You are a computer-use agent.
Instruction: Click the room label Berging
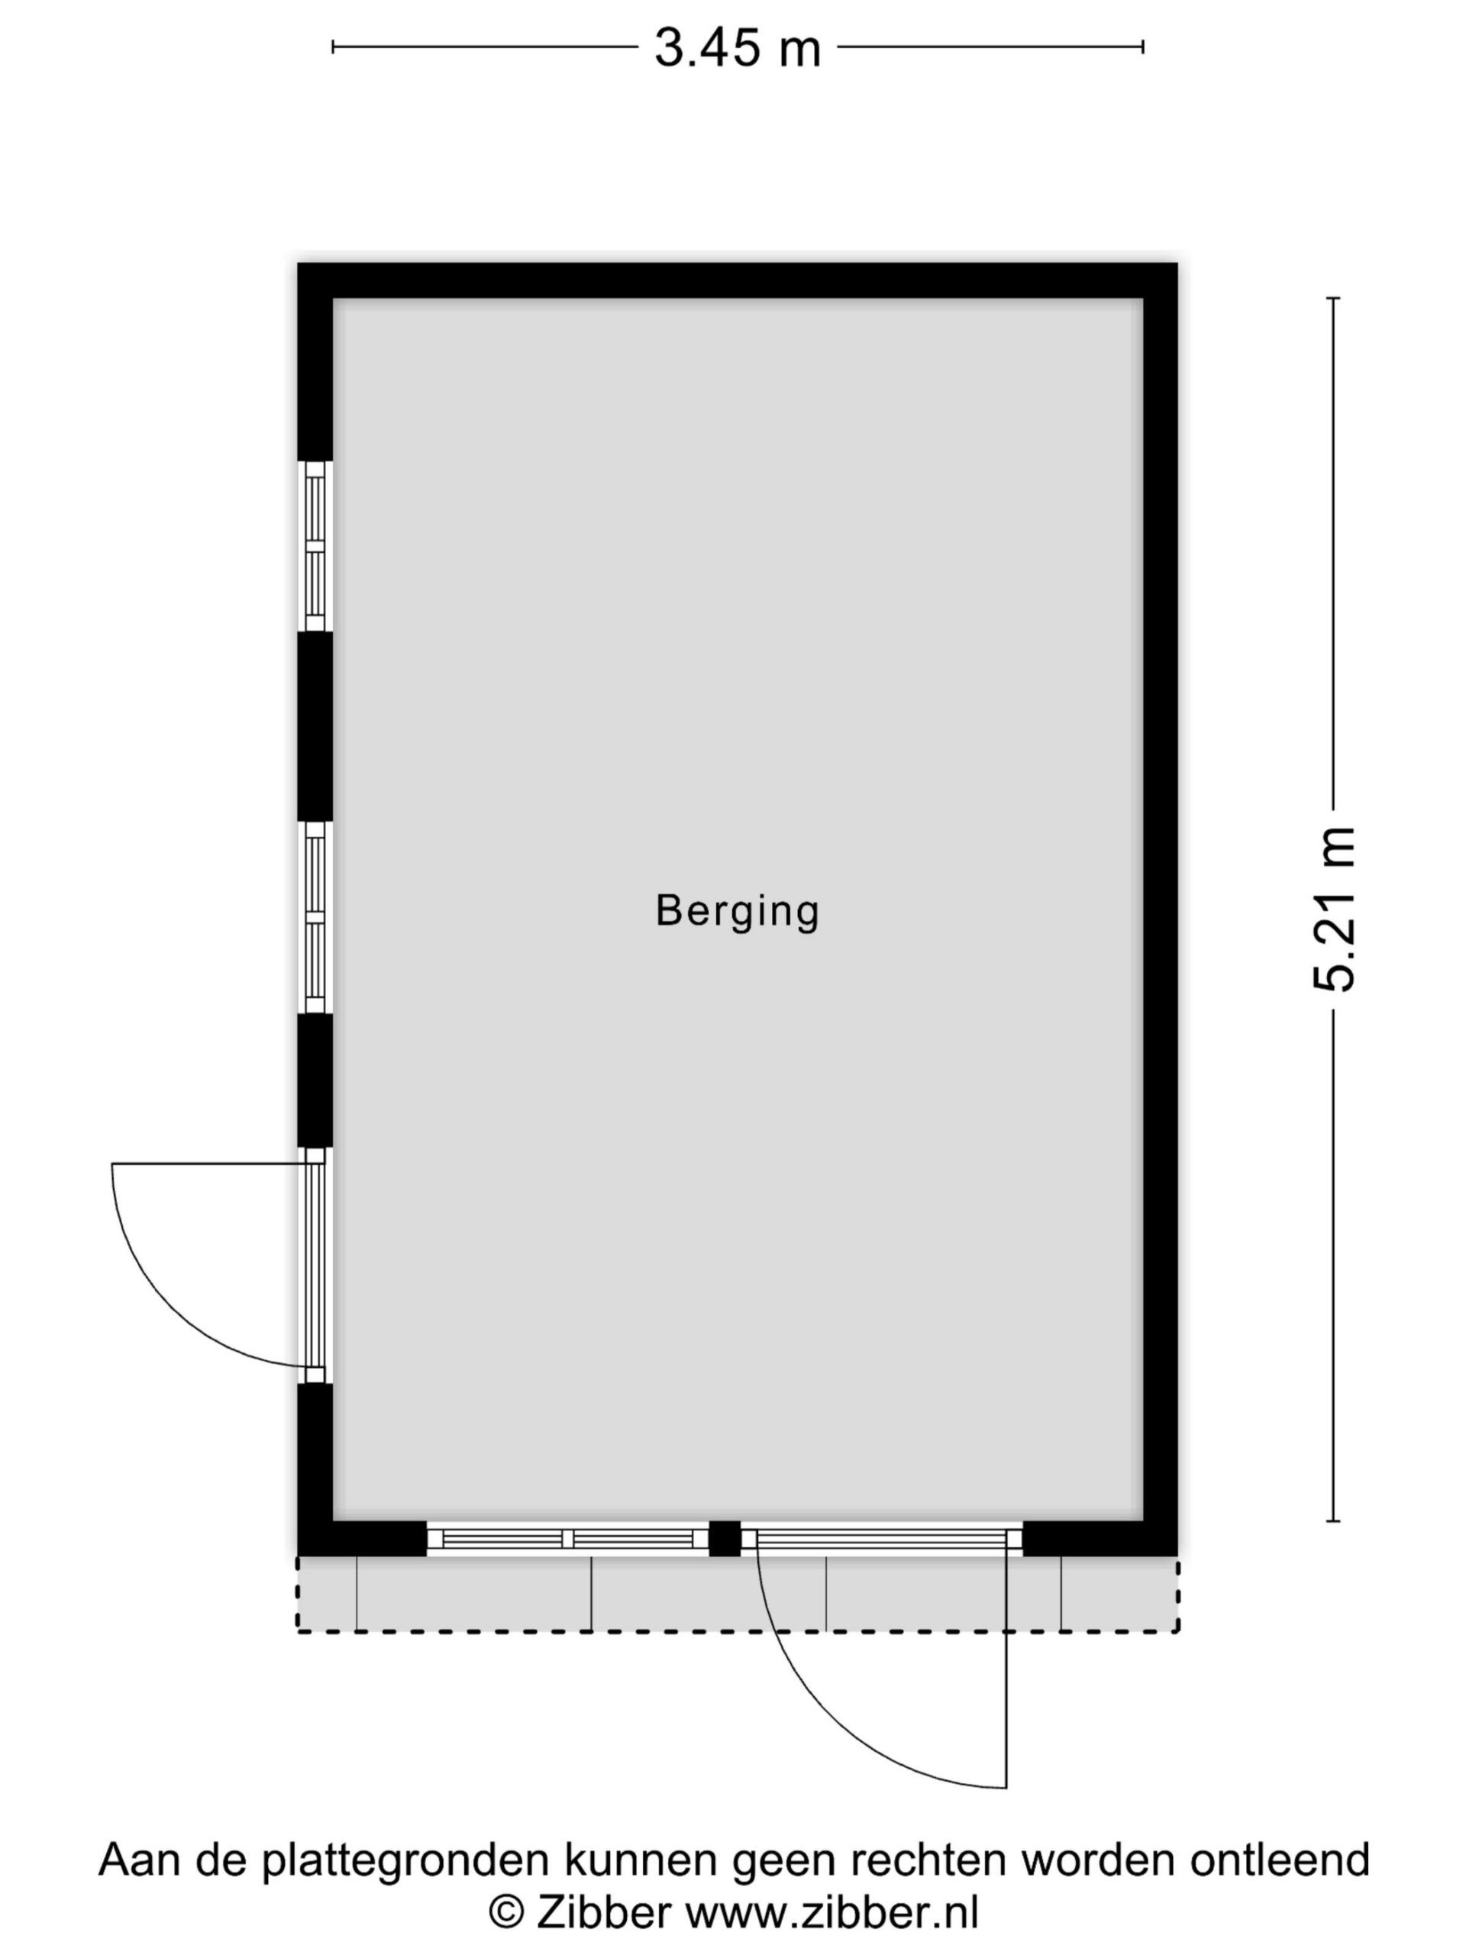tap(737, 912)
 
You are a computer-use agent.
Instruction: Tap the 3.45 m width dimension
tap(737, 47)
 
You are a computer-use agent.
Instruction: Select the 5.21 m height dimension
tap(1333, 910)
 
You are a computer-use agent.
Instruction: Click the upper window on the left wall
tap(315, 546)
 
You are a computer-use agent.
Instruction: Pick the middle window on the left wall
tap(315, 916)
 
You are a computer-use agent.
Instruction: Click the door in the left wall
tap(315, 1265)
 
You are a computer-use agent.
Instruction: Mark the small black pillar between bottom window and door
tap(725, 1539)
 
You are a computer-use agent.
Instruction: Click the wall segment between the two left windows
tap(315, 726)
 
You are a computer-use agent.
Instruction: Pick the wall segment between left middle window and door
tap(315, 1080)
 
